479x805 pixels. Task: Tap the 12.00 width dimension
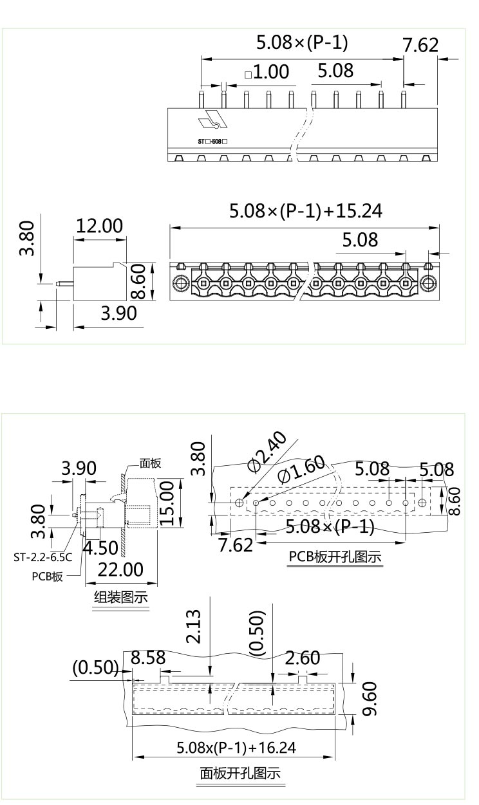tap(99, 226)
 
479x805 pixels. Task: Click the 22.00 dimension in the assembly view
tap(120, 569)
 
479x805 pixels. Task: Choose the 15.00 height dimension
tap(167, 503)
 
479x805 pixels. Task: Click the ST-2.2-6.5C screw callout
tap(42, 557)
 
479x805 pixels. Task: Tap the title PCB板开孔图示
tap(335, 557)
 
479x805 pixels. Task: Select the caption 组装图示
tap(121, 597)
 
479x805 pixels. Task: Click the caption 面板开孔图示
tap(240, 773)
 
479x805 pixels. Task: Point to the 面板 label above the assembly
tap(150, 463)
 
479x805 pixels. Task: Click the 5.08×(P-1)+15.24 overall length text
tap(306, 210)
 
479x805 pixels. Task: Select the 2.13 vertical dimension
tap(193, 626)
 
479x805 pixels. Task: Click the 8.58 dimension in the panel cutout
tap(148, 658)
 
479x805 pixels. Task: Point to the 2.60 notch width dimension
tap(303, 658)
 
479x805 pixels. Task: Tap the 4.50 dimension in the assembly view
tap(100, 548)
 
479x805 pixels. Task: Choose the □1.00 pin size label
tap(267, 71)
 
